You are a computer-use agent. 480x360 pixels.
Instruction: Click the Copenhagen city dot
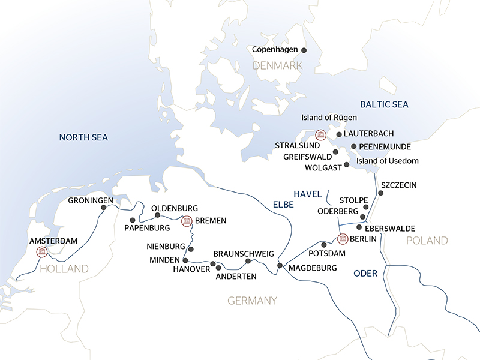coord(304,50)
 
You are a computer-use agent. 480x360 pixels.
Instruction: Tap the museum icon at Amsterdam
coord(41,251)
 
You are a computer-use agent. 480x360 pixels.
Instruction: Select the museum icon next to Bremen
coord(187,221)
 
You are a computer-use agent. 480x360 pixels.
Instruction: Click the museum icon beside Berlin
coord(343,239)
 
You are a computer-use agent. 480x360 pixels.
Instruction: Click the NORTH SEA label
coord(83,137)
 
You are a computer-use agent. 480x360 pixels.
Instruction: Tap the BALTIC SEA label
coord(384,104)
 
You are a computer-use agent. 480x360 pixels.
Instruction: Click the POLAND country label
coord(427,241)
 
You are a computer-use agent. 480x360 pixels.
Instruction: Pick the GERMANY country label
coord(252,300)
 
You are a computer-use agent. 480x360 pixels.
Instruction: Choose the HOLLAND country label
coord(64,268)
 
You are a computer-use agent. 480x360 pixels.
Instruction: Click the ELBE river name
coord(283,205)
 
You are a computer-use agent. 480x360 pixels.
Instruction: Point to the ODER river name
coord(365,273)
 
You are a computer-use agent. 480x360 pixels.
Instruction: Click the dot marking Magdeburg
coord(280,266)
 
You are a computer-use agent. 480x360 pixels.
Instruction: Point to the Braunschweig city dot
coord(248,260)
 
